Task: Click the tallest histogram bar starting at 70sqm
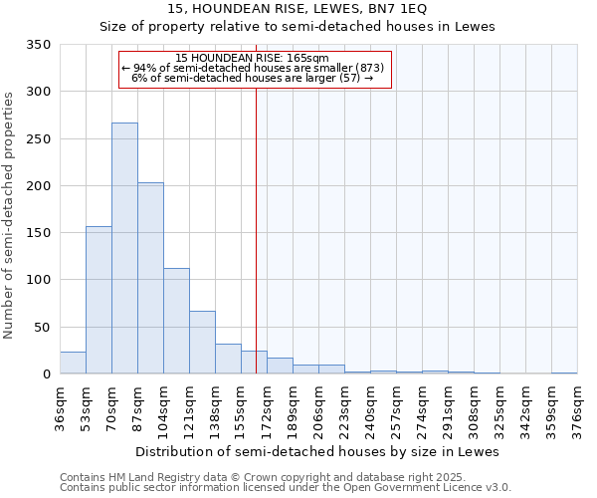click(x=124, y=248)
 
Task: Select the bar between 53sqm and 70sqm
click(x=99, y=300)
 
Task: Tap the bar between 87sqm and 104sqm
click(x=150, y=278)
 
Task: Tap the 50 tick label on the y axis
click(x=41, y=328)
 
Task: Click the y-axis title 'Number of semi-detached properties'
click(x=9, y=214)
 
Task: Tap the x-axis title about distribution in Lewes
click(x=316, y=451)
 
